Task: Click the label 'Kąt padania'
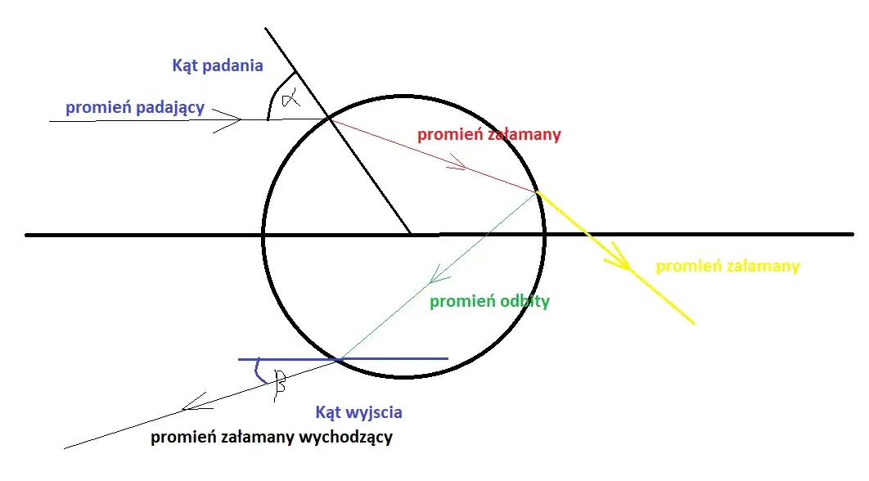(218, 65)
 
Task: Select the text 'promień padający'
(135, 107)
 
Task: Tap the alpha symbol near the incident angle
(290, 98)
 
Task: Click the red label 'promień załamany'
(489, 134)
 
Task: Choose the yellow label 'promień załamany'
(727, 266)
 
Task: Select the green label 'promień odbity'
(490, 301)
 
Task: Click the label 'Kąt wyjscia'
(358, 411)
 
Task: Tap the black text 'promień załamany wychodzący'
(272, 437)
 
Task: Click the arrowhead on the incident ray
(232, 119)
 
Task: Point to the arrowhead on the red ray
(460, 164)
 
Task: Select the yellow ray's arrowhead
(621, 260)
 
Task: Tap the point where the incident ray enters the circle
(329, 119)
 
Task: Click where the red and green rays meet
(537, 192)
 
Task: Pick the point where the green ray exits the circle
(340, 359)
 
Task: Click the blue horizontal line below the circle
(343, 359)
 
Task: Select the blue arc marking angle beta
(259, 372)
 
